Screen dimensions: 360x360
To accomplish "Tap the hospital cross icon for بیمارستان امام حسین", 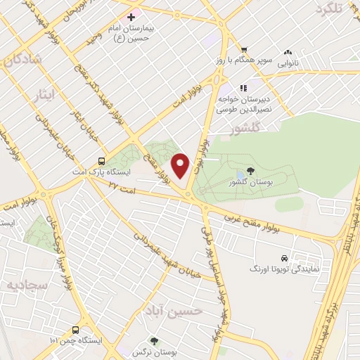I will tap(131, 16).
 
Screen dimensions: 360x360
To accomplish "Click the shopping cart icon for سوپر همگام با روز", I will tap(243, 50).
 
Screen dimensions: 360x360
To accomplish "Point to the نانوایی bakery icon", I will tap(288, 52).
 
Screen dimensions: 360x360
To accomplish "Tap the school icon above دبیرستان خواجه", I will tap(243, 89).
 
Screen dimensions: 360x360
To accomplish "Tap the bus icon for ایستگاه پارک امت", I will tap(103, 160).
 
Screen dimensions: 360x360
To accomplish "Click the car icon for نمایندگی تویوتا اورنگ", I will tap(284, 258).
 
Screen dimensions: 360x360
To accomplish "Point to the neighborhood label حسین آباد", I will tap(174, 310).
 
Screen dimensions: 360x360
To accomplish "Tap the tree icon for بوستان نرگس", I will tap(154, 341).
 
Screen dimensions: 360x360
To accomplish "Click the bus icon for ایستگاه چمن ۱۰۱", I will tap(75, 329).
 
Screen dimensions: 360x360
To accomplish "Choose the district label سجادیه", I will tap(26, 285).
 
